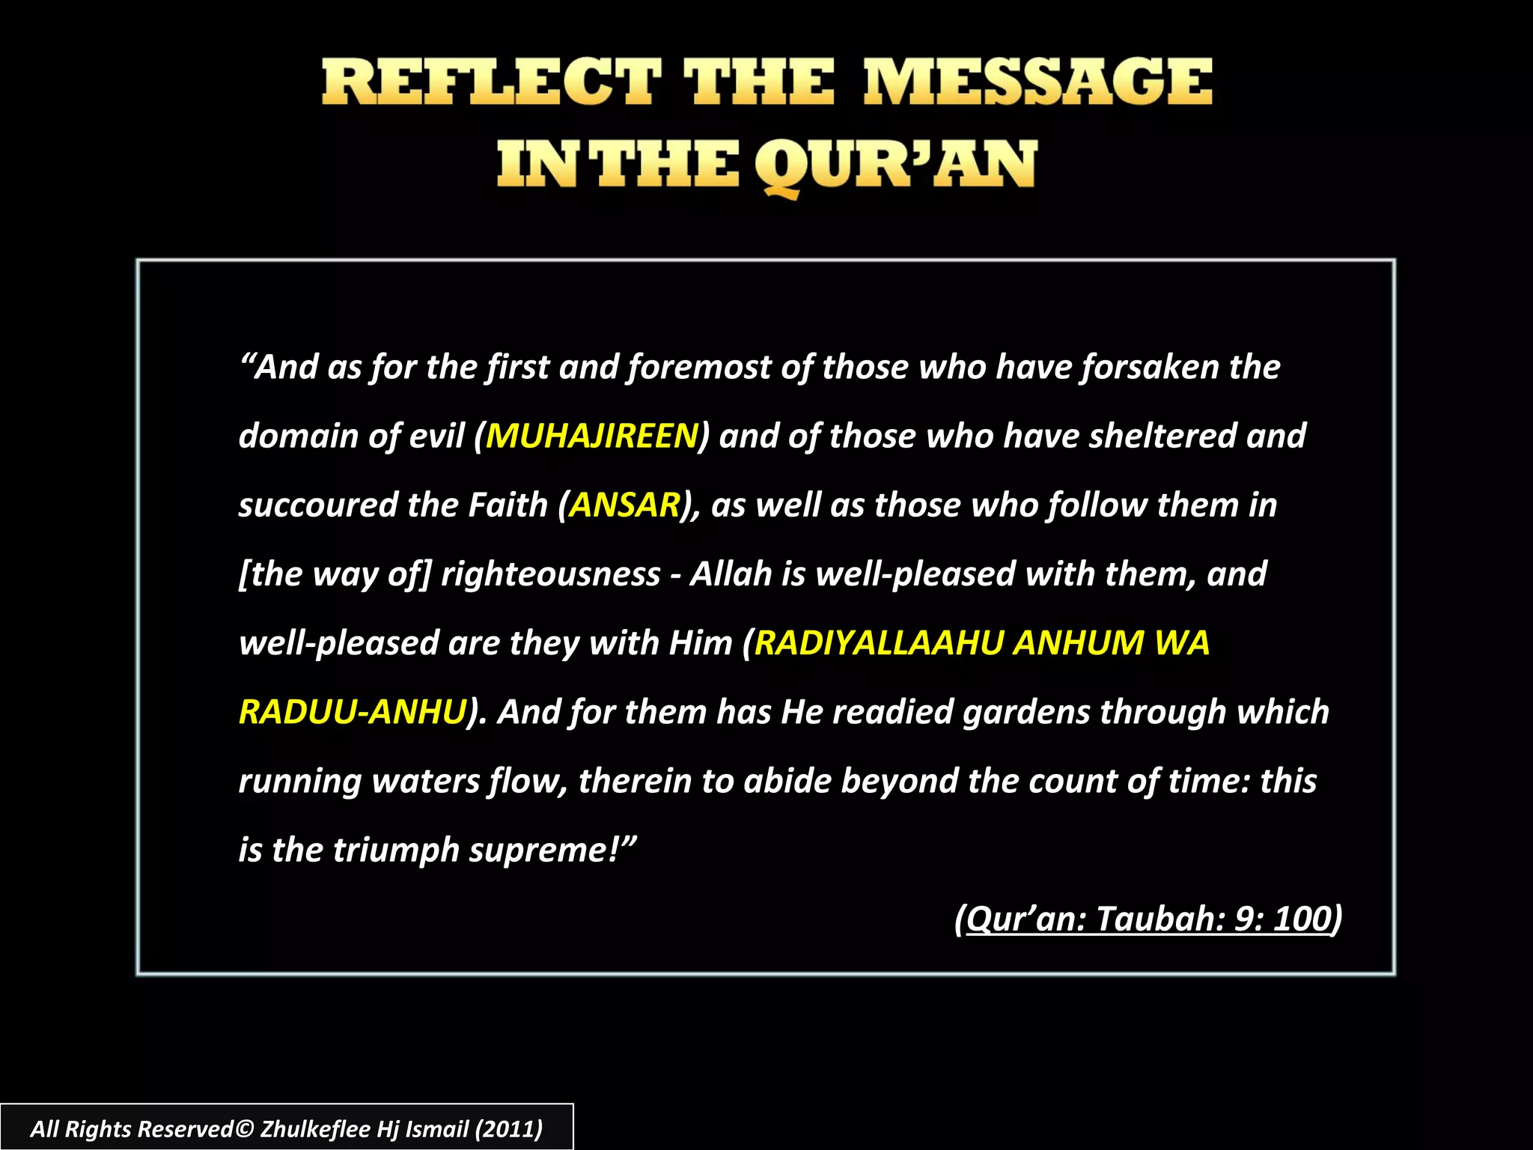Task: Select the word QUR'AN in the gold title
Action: tap(894, 166)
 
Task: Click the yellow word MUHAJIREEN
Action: tap(591, 436)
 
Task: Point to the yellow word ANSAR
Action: tap(624, 505)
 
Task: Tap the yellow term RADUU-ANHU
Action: tap(352, 712)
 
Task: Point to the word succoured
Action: tap(317, 505)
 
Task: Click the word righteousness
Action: tap(550, 574)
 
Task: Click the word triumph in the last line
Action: tap(396, 851)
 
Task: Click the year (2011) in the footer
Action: tap(509, 1128)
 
